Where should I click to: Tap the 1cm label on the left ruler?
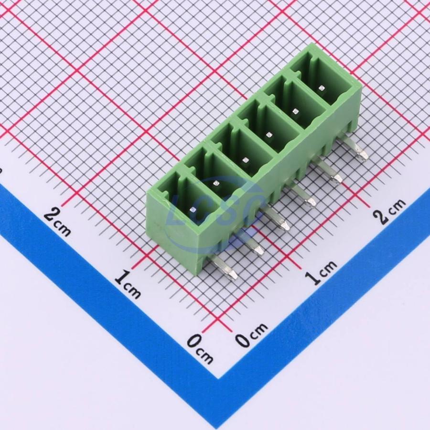coord(128,284)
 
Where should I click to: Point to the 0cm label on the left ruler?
coord(200,349)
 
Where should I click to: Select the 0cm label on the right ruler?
coord(251,334)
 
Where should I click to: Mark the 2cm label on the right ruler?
coord(390,211)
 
